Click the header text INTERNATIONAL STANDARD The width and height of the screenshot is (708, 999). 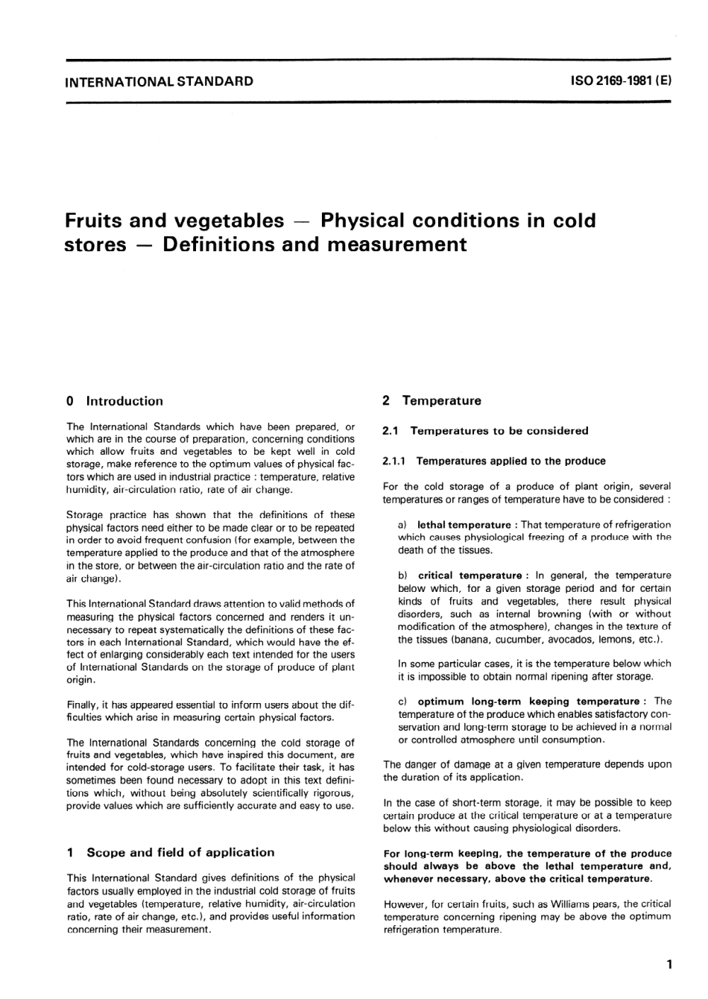click(x=159, y=81)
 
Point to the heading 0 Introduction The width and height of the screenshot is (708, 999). click(x=115, y=401)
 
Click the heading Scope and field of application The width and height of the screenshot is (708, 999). click(x=180, y=852)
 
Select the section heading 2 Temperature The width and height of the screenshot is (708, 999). click(x=432, y=400)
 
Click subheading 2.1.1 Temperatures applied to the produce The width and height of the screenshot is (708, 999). click(x=495, y=461)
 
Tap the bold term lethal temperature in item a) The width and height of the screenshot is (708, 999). click(x=464, y=525)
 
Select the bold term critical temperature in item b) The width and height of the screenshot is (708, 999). click(x=470, y=576)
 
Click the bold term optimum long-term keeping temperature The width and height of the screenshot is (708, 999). click(x=528, y=702)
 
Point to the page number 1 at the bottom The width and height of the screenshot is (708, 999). click(x=669, y=965)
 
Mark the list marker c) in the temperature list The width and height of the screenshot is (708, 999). click(x=403, y=702)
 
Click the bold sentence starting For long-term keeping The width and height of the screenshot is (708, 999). click(x=527, y=866)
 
